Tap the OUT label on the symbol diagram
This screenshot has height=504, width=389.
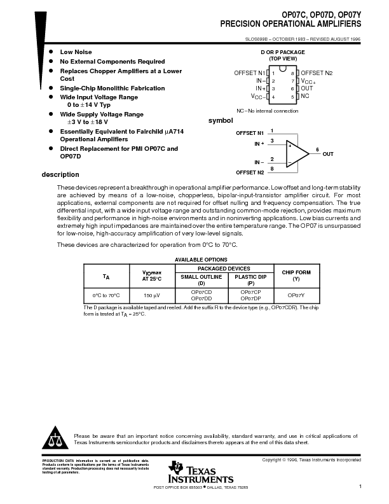[x=327, y=154]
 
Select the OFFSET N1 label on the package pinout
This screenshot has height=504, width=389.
[x=249, y=73]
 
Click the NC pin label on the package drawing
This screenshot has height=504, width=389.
[x=305, y=96]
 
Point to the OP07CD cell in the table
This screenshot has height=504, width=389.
[x=201, y=293]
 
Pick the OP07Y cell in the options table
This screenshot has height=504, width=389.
[x=296, y=295]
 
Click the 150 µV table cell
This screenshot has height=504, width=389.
[x=152, y=295]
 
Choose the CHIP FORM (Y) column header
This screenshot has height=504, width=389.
[x=296, y=275]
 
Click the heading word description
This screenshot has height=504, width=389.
[x=60, y=175]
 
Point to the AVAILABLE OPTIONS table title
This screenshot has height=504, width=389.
[x=201, y=260]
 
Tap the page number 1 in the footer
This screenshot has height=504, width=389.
[x=360, y=487]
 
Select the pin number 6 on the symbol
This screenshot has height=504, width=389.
[x=317, y=149]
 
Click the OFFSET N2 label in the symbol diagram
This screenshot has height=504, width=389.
[x=250, y=172]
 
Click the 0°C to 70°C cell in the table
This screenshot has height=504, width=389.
[x=106, y=295]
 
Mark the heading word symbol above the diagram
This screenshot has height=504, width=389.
[x=221, y=121]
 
